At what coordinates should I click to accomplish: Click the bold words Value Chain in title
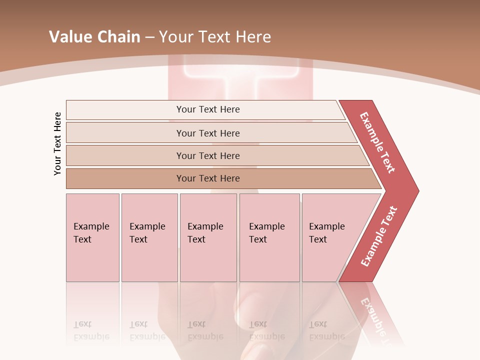click(94, 36)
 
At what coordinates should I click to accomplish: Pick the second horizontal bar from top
click(208, 133)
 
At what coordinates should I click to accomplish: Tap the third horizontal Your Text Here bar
click(208, 155)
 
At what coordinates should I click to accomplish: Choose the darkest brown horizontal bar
click(208, 178)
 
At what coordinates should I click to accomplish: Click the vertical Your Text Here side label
click(57, 143)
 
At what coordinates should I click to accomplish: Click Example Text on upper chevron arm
click(377, 142)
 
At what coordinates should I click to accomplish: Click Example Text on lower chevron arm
click(379, 236)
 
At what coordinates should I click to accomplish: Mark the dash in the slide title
click(149, 37)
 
